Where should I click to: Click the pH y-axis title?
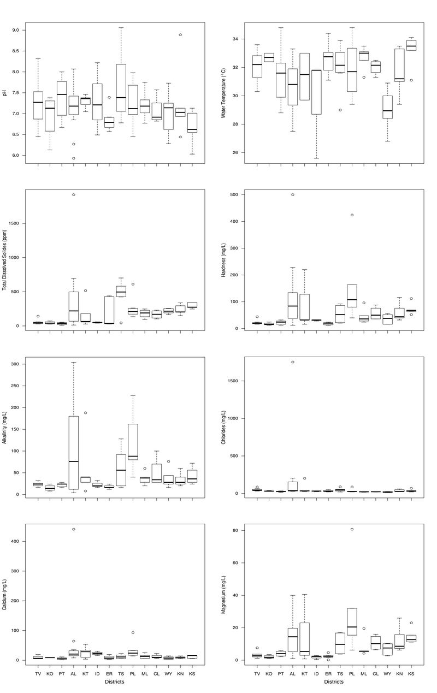click(x=5, y=93)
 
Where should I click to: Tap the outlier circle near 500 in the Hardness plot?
click(x=292, y=194)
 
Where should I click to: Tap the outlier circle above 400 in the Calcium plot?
click(x=74, y=529)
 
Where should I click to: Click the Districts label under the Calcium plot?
click(x=115, y=682)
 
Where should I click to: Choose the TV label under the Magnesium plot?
click(x=257, y=674)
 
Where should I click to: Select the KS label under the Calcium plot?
click(x=192, y=674)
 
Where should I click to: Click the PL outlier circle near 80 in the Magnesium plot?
click(x=352, y=529)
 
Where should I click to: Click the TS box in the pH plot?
click(x=121, y=87)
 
